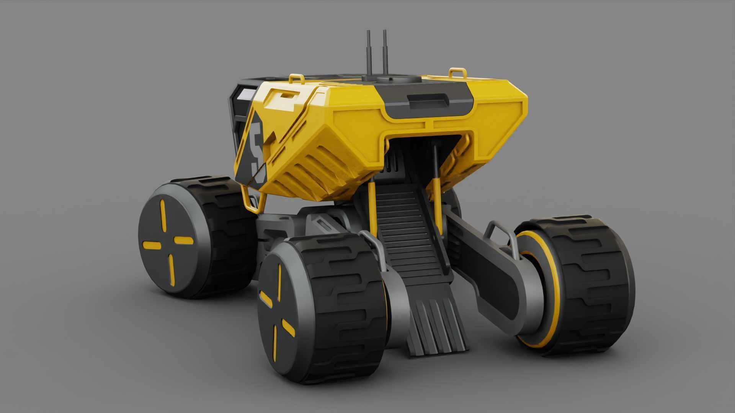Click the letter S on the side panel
pyautogui.click(x=257, y=153)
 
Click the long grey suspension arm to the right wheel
pyautogui.click(x=486, y=268)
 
